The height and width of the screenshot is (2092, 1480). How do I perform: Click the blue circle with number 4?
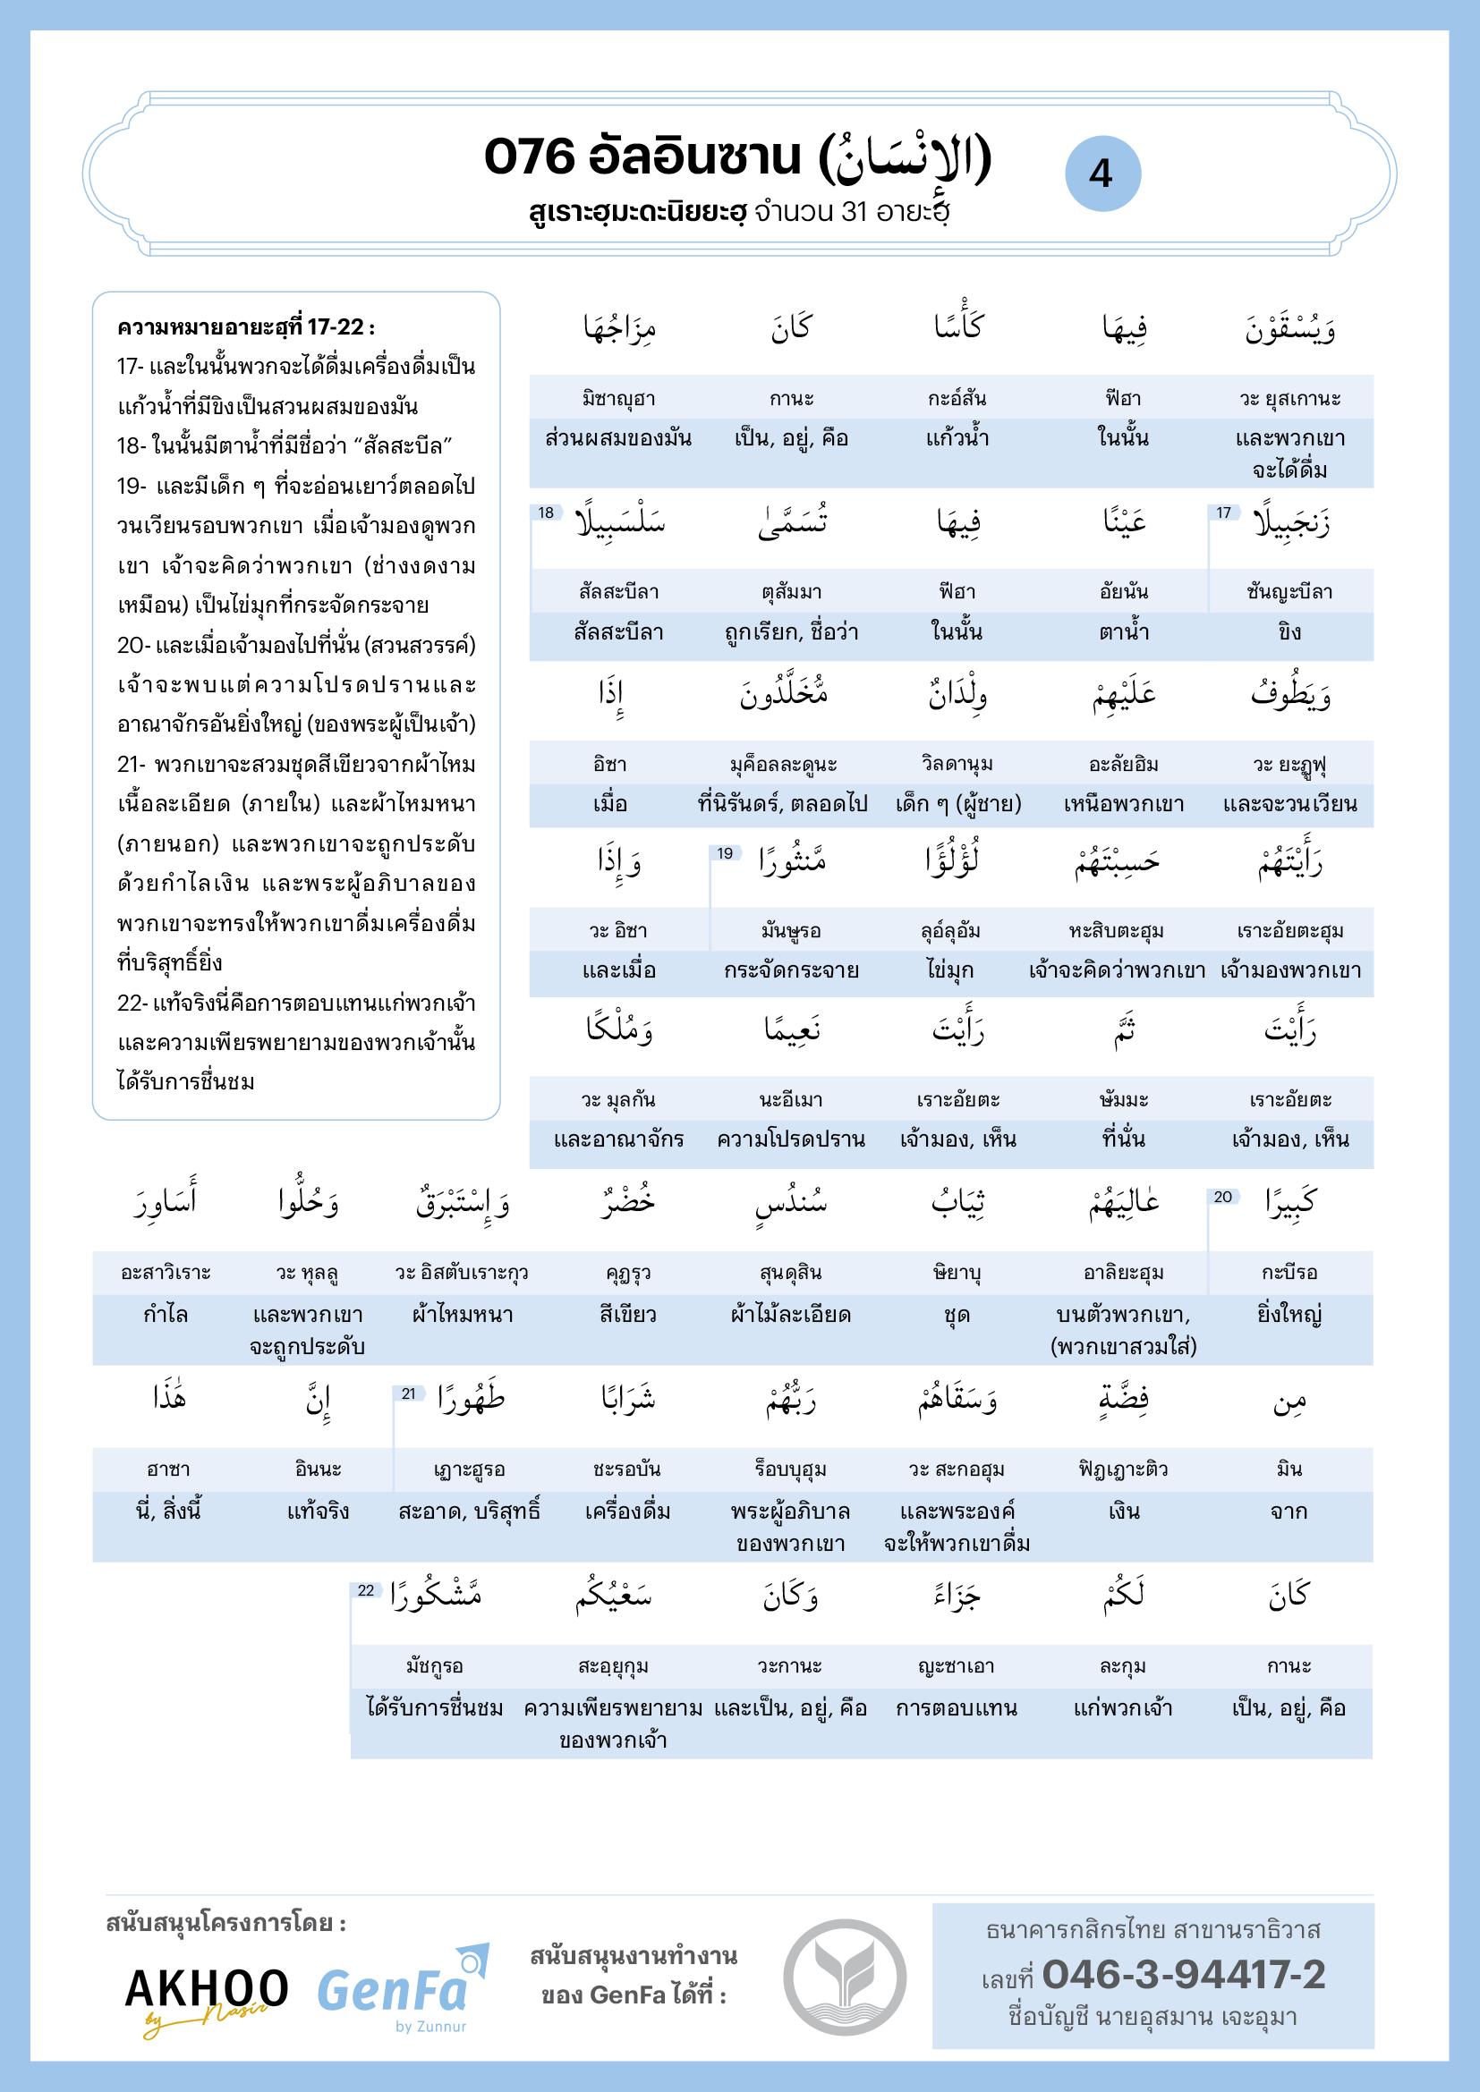1101,174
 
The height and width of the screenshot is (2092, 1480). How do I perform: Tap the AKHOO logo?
206,1993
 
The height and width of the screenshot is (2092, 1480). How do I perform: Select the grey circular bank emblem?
844,1978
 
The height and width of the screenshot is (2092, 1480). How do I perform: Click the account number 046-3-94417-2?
1183,1975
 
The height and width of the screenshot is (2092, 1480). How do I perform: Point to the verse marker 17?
1223,513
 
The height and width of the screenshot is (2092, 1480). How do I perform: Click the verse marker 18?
546,513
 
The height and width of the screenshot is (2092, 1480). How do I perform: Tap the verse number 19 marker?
725,853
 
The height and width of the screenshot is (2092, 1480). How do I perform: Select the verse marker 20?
1222,1198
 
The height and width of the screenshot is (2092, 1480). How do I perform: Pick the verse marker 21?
408,1394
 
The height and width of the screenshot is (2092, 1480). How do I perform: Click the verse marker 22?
365,1591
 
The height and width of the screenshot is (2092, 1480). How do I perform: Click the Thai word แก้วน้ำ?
957,438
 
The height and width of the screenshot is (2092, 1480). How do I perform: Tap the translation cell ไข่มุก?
950,970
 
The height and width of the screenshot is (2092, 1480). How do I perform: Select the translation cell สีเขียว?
627,1315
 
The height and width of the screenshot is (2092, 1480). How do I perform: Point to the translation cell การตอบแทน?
956,1708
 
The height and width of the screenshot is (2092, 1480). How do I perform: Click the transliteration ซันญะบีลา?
1289,592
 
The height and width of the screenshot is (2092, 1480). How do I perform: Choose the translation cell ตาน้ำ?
1123,632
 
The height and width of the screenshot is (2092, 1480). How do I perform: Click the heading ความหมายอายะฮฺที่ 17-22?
246,327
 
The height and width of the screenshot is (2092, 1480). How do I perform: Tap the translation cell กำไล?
165,1315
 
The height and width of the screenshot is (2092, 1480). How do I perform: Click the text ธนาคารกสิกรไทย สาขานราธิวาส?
1152,1930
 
